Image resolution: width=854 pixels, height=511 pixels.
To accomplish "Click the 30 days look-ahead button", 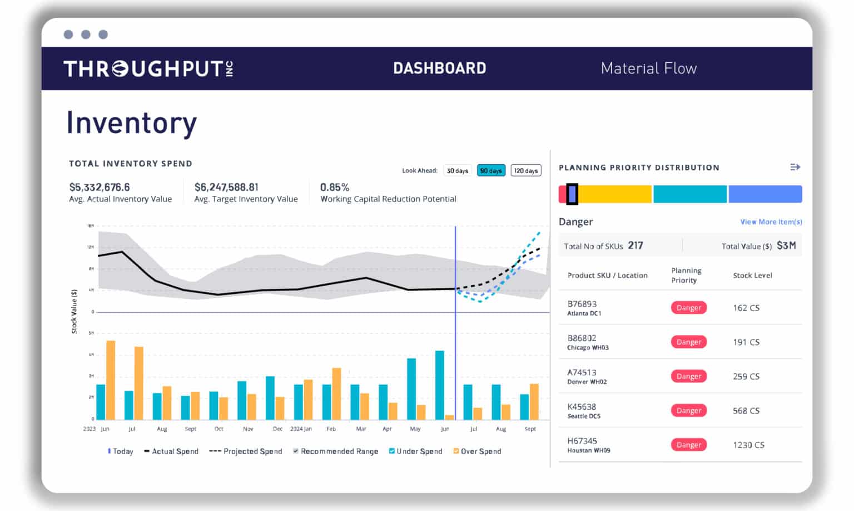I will pos(458,171).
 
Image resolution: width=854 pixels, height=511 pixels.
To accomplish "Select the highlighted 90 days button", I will pos(491,171).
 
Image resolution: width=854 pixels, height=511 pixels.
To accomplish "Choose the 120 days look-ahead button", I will pos(525,171).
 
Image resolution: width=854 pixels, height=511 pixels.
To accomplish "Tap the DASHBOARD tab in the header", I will pos(439,68).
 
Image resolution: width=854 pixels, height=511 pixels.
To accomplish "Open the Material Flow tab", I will pos(648,68).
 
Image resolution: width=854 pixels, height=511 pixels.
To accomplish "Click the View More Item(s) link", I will pos(771,222).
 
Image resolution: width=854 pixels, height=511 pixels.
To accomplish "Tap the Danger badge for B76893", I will pos(688,308).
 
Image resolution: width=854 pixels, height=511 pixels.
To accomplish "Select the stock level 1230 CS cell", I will pos(748,445).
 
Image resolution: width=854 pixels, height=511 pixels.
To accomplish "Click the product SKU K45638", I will pos(582,407).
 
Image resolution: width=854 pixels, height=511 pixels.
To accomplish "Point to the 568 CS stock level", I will pos(746,411).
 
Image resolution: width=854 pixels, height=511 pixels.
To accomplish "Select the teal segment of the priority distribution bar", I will pos(689,194).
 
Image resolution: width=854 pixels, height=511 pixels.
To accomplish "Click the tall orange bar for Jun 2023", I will pos(111,380).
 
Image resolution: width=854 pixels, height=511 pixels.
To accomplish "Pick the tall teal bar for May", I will pos(411,389).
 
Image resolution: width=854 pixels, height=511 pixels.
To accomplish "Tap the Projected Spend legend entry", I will pos(246,451).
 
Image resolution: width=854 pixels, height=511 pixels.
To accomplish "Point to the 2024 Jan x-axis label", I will pos(301,429).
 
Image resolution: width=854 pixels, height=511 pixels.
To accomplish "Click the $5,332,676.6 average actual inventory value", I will pos(100,188).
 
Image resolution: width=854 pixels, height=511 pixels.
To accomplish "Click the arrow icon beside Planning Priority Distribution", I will pos(795,168).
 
